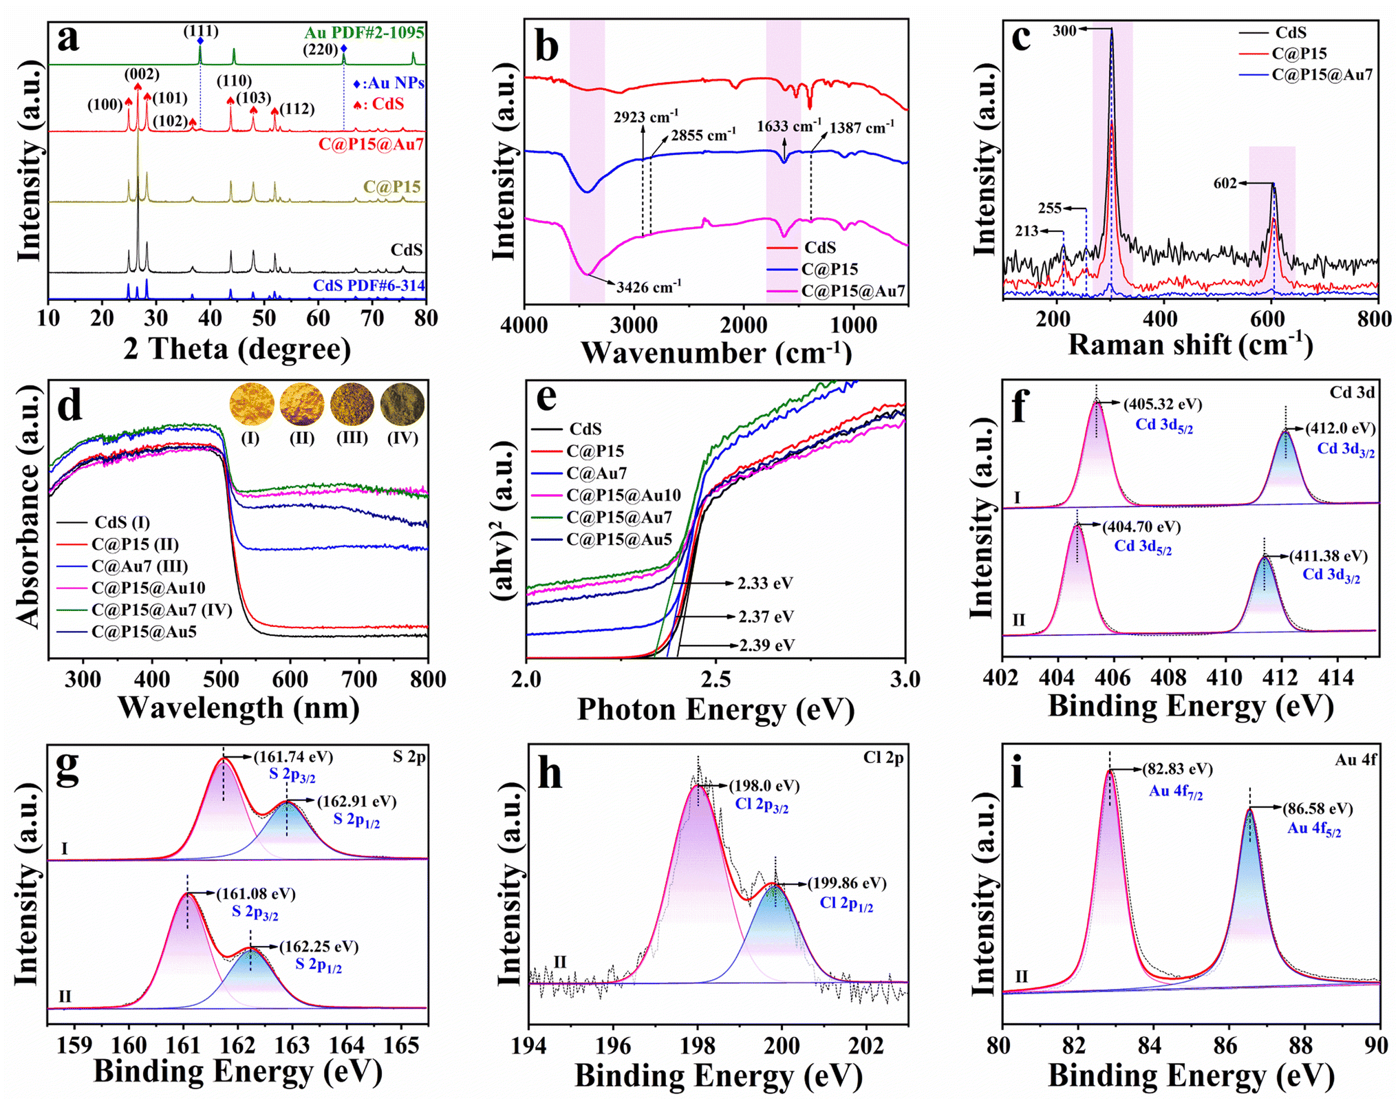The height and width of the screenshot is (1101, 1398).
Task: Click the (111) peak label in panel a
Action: point(201,31)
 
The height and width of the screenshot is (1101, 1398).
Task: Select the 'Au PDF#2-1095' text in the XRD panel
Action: point(365,32)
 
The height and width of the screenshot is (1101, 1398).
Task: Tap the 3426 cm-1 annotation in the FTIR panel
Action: point(648,286)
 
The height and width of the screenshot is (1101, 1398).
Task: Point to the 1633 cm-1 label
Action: point(789,127)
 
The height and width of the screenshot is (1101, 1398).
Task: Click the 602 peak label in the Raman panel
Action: point(1225,183)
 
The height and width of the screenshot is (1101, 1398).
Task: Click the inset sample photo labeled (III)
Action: point(352,404)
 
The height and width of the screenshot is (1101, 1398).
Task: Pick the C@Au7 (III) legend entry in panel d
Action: point(140,566)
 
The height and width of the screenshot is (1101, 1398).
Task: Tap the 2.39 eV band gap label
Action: point(766,645)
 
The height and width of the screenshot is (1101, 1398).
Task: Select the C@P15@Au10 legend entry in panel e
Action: point(623,495)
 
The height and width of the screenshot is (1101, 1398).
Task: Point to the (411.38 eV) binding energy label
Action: point(1329,556)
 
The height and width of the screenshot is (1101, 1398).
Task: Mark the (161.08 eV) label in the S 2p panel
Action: point(256,894)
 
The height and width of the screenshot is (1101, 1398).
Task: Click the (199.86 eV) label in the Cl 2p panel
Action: point(847,883)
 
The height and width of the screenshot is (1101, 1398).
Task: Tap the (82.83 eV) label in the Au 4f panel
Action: point(1177,769)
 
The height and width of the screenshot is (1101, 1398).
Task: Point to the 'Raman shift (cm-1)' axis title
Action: point(1190,344)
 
